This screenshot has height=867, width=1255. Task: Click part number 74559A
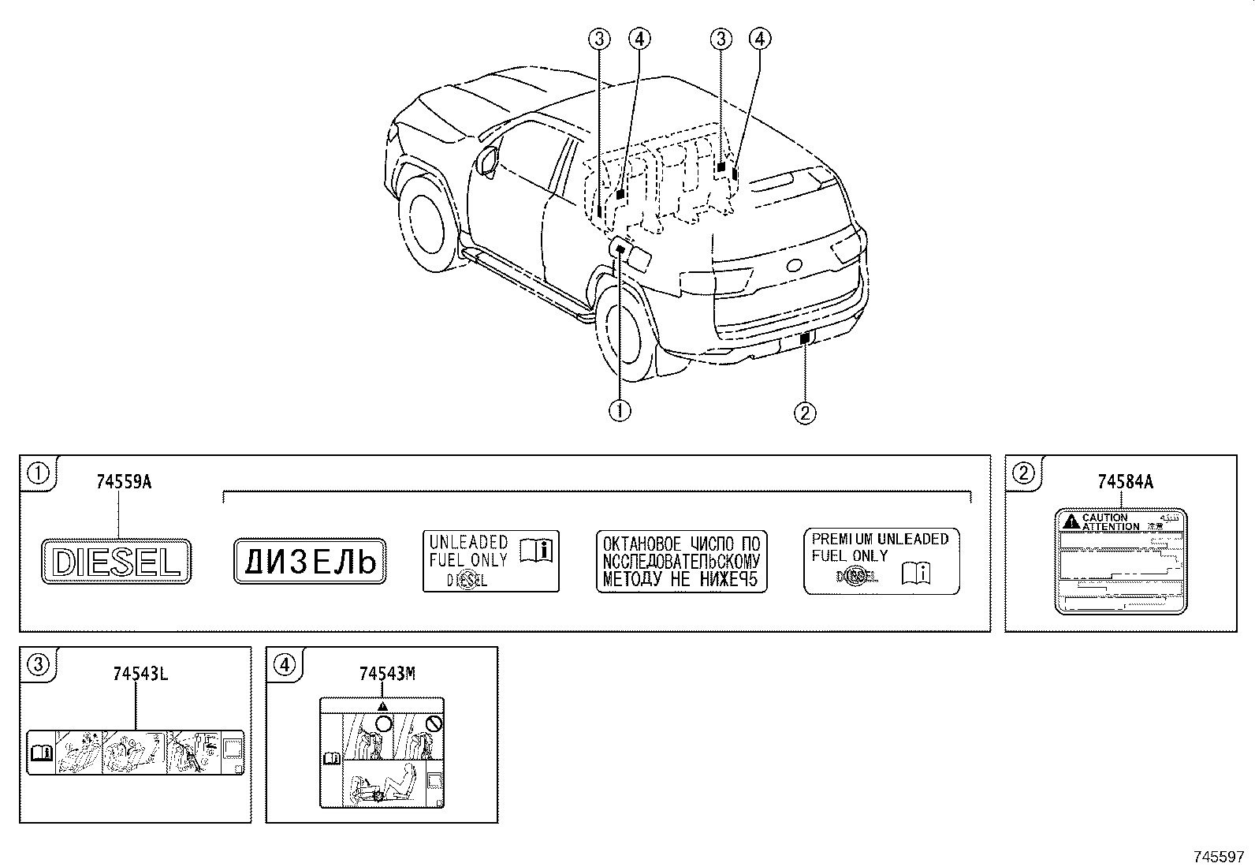coord(123,482)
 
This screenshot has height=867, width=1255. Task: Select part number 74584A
coord(1125,482)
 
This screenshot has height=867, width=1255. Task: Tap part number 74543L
coord(140,674)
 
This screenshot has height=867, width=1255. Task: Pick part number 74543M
coord(386,674)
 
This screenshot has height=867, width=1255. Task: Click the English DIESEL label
coord(117,562)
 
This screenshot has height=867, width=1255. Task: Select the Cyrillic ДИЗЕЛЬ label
coord(310,562)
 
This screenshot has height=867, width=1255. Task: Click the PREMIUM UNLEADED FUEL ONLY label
coord(881,561)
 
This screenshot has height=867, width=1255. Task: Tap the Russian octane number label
coord(681,562)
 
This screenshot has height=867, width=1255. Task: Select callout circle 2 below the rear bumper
coord(804,412)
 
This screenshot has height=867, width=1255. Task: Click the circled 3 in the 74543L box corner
coord(37,665)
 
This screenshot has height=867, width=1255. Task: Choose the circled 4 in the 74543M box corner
coord(284,665)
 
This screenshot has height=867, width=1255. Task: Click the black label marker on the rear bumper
coord(804,339)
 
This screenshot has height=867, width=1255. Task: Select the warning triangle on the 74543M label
coord(382,707)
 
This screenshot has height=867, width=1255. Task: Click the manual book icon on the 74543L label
coord(40,753)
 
